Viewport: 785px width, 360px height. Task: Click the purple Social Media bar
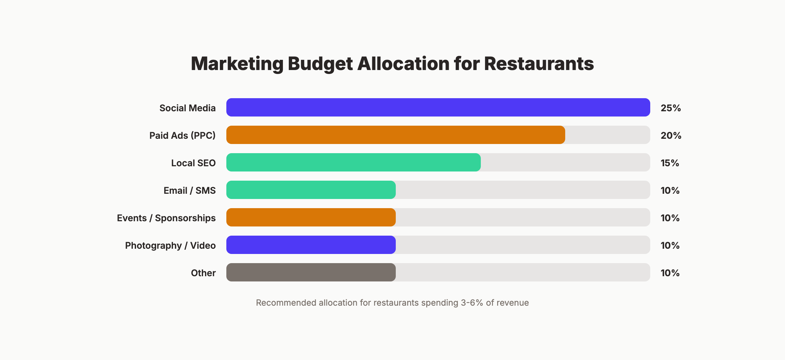(x=438, y=107)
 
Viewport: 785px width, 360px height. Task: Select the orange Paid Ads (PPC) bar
(x=396, y=135)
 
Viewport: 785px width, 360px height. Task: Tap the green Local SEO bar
(x=353, y=162)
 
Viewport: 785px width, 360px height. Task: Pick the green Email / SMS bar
(x=311, y=190)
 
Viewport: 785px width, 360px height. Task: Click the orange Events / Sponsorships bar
(x=311, y=217)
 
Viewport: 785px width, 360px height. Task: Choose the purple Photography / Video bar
(x=311, y=245)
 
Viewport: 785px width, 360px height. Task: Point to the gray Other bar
(x=311, y=272)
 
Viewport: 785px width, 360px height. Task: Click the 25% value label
(x=671, y=108)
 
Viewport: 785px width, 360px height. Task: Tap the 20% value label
(x=671, y=135)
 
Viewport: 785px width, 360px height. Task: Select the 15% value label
(x=670, y=163)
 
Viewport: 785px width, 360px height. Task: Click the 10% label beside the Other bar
(x=670, y=273)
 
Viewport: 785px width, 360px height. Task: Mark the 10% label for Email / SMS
(x=670, y=190)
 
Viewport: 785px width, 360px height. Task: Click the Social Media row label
(x=187, y=108)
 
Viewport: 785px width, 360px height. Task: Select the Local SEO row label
(x=193, y=163)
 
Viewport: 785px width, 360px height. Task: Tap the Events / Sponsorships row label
(x=166, y=218)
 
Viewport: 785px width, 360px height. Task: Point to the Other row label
(x=203, y=273)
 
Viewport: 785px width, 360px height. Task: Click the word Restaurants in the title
(x=539, y=63)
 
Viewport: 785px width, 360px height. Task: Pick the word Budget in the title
(x=320, y=64)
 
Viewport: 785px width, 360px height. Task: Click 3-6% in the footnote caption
(x=472, y=303)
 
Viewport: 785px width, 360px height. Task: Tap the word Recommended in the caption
(x=286, y=303)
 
